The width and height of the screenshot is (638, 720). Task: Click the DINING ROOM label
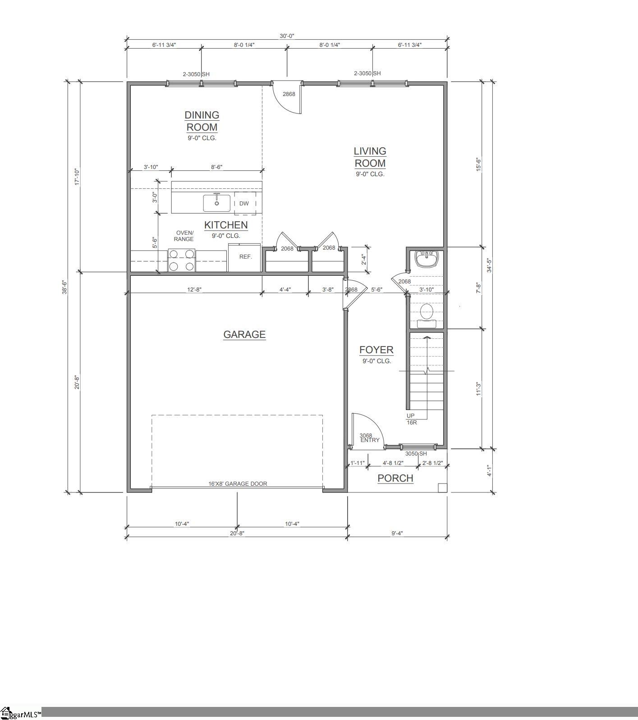tap(202, 121)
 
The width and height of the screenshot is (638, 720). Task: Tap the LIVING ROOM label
tap(370, 157)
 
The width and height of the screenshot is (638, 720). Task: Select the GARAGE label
tap(244, 334)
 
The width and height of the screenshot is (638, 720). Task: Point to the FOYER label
tap(376, 350)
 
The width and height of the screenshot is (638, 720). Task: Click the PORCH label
tap(395, 478)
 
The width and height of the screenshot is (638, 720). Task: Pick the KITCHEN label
tap(226, 225)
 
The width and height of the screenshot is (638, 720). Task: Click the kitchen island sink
tap(216, 203)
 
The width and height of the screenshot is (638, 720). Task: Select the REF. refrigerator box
tap(244, 257)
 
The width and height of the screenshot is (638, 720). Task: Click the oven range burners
tap(182, 260)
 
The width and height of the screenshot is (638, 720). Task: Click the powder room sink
tap(427, 259)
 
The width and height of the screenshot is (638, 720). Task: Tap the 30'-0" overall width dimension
tap(287, 36)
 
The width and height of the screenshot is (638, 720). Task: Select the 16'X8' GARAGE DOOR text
tap(238, 483)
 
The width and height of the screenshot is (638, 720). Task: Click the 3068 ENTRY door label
tap(369, 438)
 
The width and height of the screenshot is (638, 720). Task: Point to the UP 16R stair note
tap(412, 419)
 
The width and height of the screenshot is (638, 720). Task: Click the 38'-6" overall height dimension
tap(65, 287)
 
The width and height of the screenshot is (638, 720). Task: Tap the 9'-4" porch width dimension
tap(397, 533)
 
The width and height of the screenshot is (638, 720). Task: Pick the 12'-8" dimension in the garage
tap(194, 289)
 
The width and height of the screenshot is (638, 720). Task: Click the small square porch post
tap(442, 488)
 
